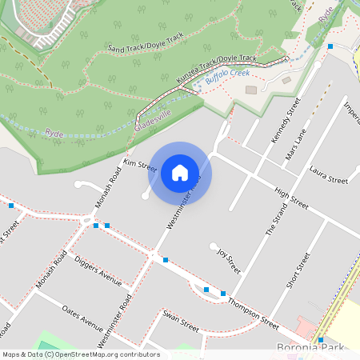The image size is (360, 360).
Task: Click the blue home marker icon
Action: click(180, 172)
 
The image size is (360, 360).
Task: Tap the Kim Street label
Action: click(139, 165)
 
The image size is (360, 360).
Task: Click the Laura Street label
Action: click(328, 174)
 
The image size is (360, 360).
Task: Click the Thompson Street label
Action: click(253, 313)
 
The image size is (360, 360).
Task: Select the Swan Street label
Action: click(180, 326)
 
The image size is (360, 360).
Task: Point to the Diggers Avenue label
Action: click(98, 271)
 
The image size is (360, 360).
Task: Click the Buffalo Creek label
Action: click(227, 77)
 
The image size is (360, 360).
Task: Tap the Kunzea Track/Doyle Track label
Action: click(215, 70)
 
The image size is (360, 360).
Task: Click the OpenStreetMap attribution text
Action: click(81, 354)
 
